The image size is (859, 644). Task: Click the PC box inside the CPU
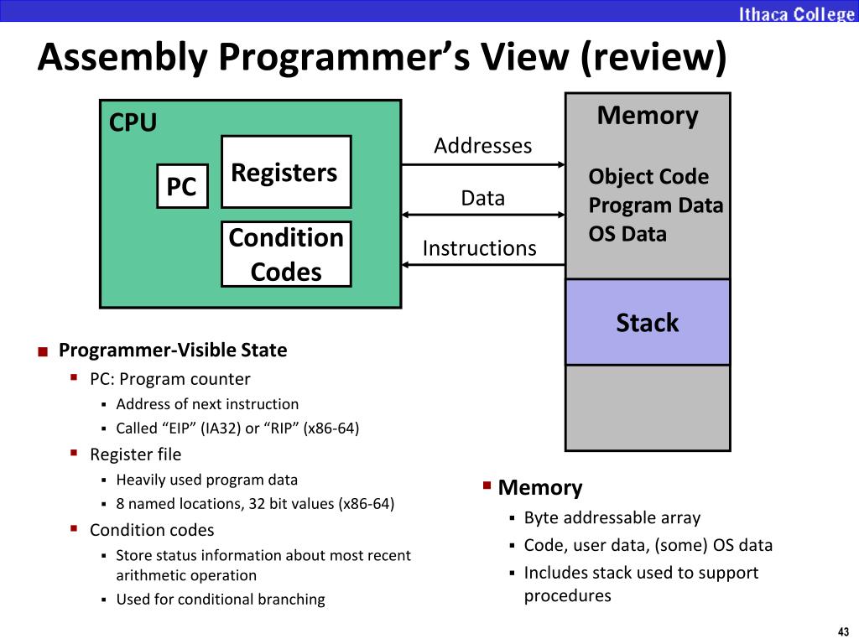(181, 186)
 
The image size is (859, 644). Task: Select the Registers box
(285, 172)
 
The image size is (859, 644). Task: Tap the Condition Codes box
(285, 254)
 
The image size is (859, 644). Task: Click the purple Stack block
(647, 322)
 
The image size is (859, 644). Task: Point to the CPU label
(133, 123)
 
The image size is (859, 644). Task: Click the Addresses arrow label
(482, 146)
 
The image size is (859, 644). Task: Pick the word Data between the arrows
(482, 198)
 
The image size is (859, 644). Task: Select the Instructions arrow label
(479, 248)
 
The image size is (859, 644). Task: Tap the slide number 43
(842, 631)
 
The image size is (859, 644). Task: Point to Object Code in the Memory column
(648, 177)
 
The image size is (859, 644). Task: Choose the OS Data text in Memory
(627, 234)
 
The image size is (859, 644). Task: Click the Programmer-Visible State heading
(173, 351)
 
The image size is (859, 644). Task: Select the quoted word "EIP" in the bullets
(182, 428)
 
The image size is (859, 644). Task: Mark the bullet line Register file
(135, 454)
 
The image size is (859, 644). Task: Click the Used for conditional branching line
(220, 600)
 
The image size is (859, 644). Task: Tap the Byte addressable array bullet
(612, 518)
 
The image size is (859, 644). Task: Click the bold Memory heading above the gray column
(647, 116)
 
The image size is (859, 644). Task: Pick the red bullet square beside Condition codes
(74, 529)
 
